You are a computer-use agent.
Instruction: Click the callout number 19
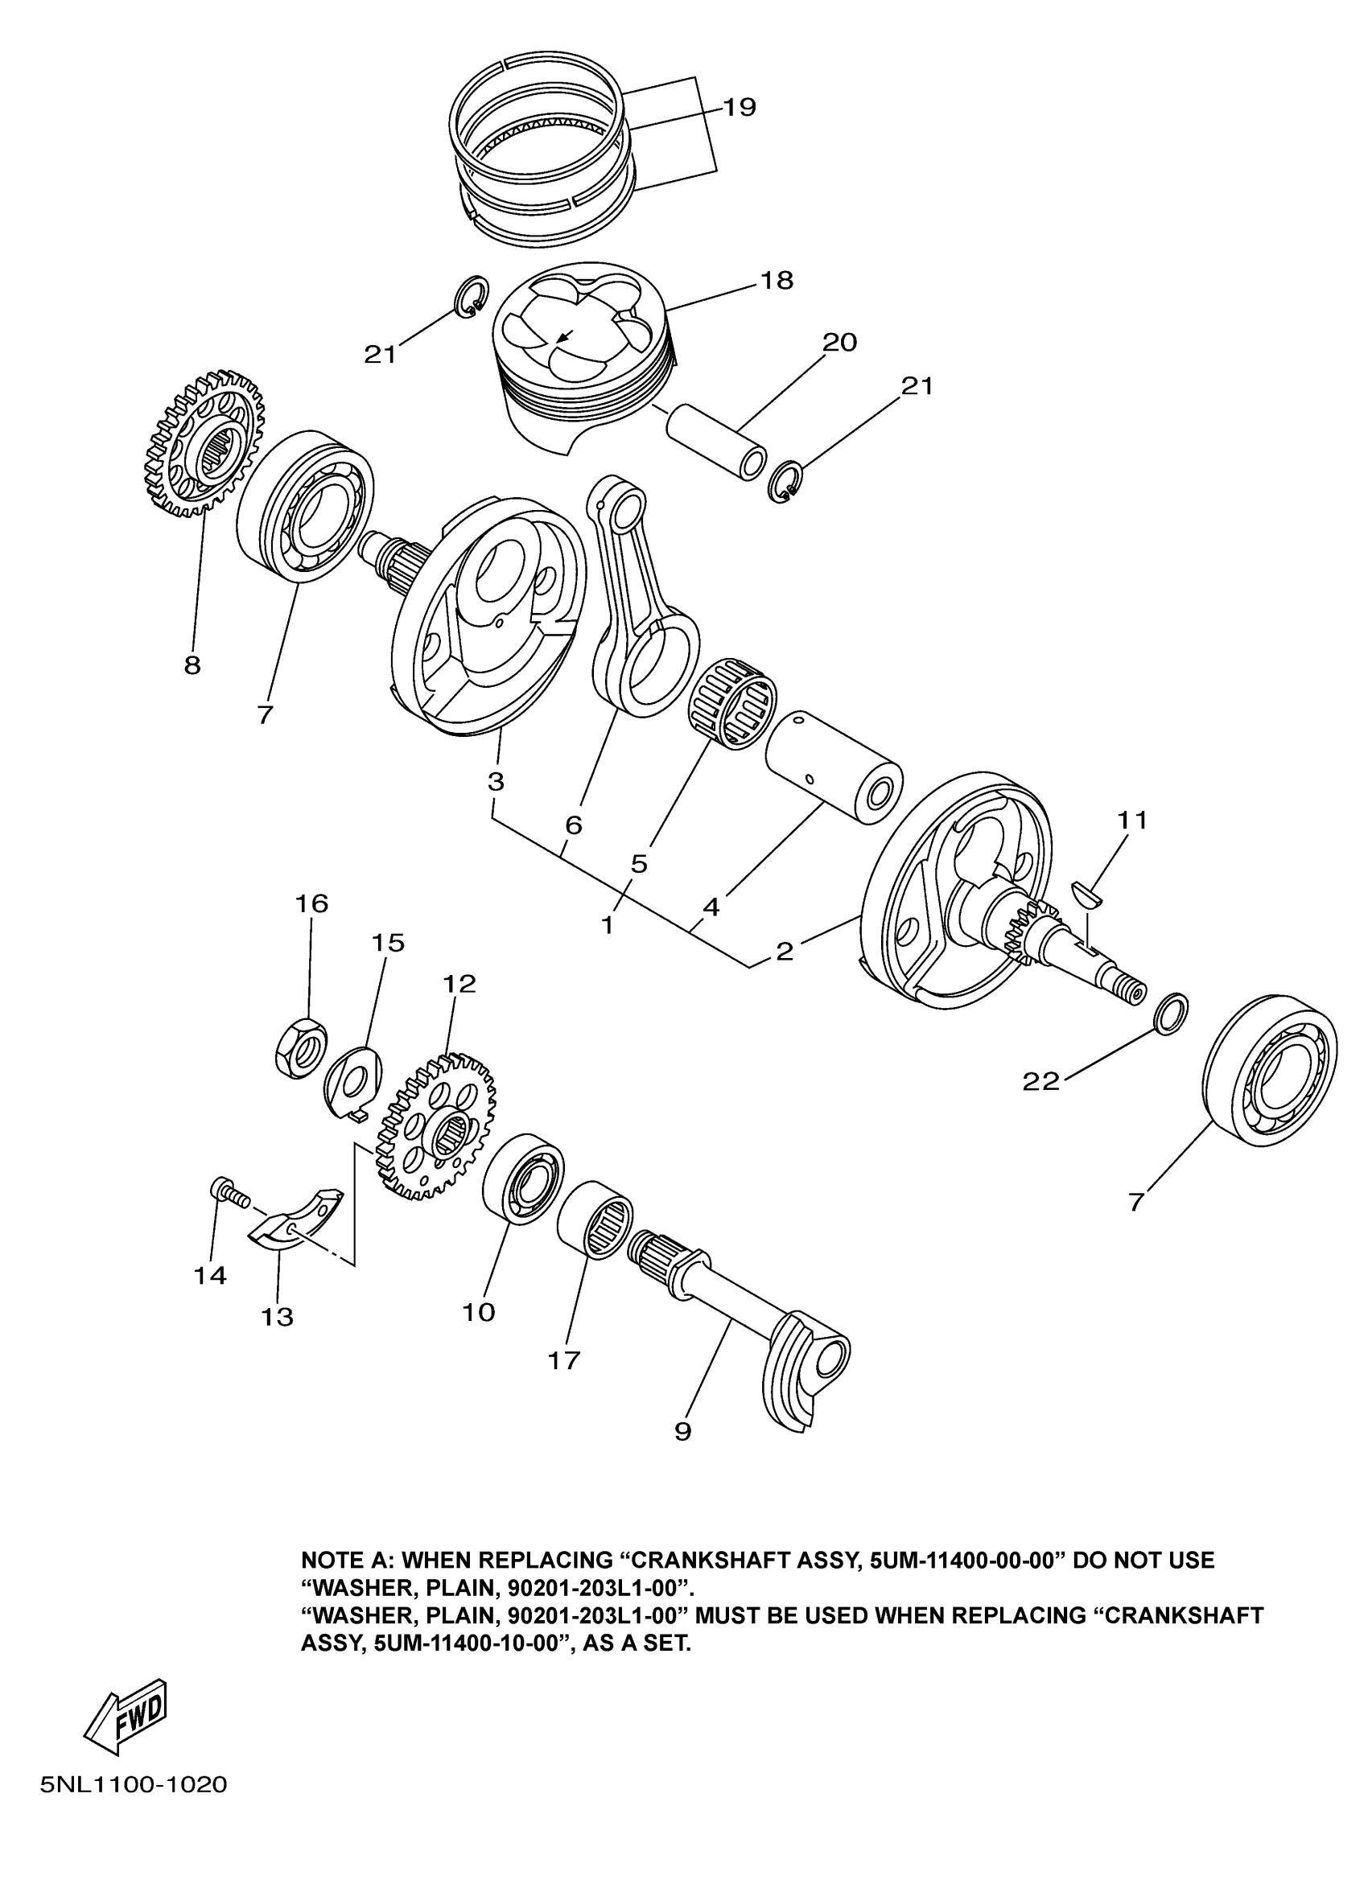click(x=739, y=107)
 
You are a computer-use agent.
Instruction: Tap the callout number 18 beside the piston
click(x=776, y=281)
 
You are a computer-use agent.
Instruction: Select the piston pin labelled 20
click(x=717, y=438)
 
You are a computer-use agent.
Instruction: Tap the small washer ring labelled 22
click(x=1171, y=1013)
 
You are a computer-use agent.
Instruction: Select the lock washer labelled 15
click(x=352, y=1081)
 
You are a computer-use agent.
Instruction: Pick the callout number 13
click(x=278, y=1317)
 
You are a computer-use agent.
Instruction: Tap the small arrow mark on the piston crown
click(x=565, y=336)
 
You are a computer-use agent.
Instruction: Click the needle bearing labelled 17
click(x=595, y=1219)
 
